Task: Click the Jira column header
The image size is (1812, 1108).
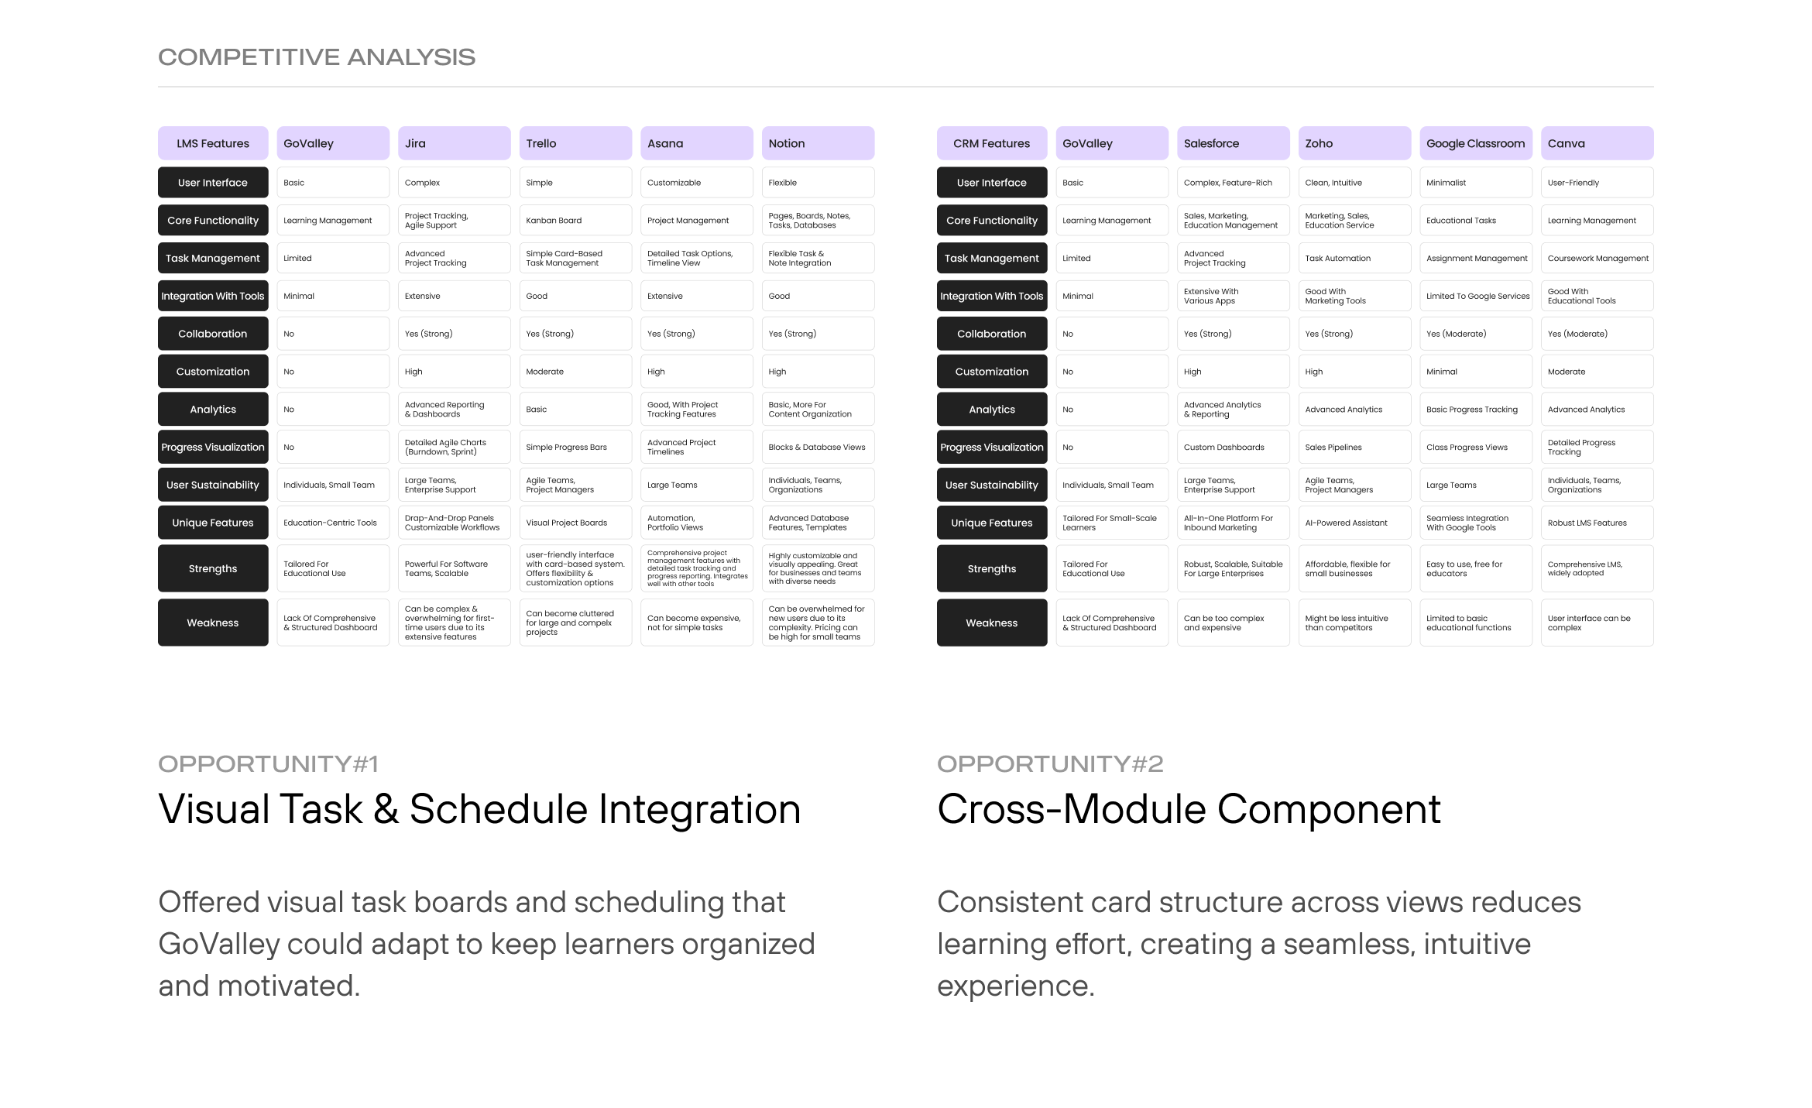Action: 454,143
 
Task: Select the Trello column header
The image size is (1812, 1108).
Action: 575,143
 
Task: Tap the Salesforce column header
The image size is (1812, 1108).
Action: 1233,143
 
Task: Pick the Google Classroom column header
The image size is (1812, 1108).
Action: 1476,143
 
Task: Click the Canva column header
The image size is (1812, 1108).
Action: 1597,143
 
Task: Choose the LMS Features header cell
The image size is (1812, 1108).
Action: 213,143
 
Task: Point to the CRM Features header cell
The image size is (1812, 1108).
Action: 992,143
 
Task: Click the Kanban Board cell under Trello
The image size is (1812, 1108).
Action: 575,221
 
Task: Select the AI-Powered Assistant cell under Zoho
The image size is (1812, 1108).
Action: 1354,523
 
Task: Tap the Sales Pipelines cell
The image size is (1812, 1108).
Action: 1354,448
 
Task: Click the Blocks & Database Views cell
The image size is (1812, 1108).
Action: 818,448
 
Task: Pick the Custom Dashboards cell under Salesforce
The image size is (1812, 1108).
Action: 1233,448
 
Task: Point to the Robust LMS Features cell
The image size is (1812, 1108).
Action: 1597,523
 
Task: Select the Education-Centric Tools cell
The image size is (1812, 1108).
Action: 333,523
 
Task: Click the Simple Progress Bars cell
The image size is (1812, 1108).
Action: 575,448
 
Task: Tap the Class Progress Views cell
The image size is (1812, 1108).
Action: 1476,448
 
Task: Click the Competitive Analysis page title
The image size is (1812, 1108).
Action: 317,57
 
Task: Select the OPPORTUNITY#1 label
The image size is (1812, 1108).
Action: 268,764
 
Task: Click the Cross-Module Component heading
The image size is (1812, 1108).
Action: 1189,809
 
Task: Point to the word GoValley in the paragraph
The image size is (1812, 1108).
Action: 219,945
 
